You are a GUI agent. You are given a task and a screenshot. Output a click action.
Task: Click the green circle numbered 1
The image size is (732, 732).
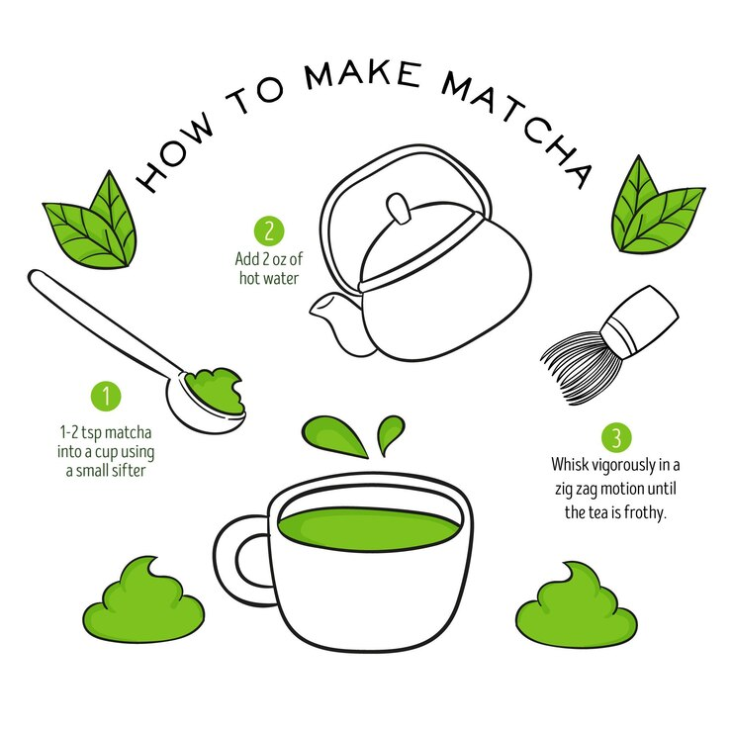coord(106,397)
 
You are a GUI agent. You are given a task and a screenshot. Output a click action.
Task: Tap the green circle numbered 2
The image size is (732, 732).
coord(269,231)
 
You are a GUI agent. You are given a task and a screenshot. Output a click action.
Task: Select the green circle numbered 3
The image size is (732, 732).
coord(616,438)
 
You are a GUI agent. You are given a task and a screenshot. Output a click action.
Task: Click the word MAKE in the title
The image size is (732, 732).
coord(363,75)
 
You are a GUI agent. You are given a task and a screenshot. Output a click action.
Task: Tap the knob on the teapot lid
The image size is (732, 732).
coord(399,208)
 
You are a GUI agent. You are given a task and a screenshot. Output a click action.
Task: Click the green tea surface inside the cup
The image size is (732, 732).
coord(368,529)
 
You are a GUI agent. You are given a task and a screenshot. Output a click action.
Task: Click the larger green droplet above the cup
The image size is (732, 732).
coord(333,435)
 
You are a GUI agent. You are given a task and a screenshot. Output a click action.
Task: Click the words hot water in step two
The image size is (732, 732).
coord(269,278)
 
